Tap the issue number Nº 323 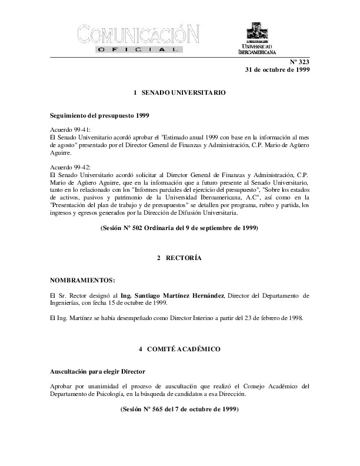pyautogui.click(x=299, y=62)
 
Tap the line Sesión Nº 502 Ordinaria pyautogui.click(x=180, y=227)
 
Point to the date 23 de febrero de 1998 pyautogui.click(x=265, y=318)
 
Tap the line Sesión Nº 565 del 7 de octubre pyautogui.click(x=180, y=408)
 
